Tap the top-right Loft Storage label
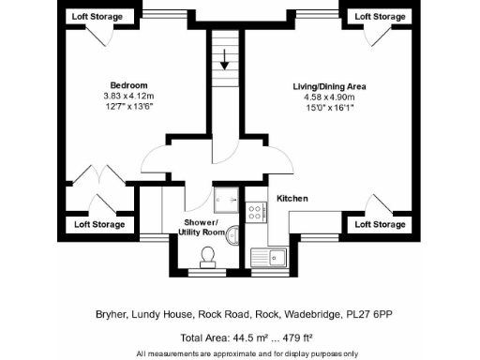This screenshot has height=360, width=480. click(381, 17)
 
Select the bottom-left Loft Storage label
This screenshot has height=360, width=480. click(98, 225)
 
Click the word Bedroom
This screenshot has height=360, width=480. click(123, 82)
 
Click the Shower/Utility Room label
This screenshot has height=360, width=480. click(202, 226)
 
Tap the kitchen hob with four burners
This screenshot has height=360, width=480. click(254, 214)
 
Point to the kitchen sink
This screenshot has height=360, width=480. click(273, 256)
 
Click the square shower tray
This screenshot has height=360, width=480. click(224, 199)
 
